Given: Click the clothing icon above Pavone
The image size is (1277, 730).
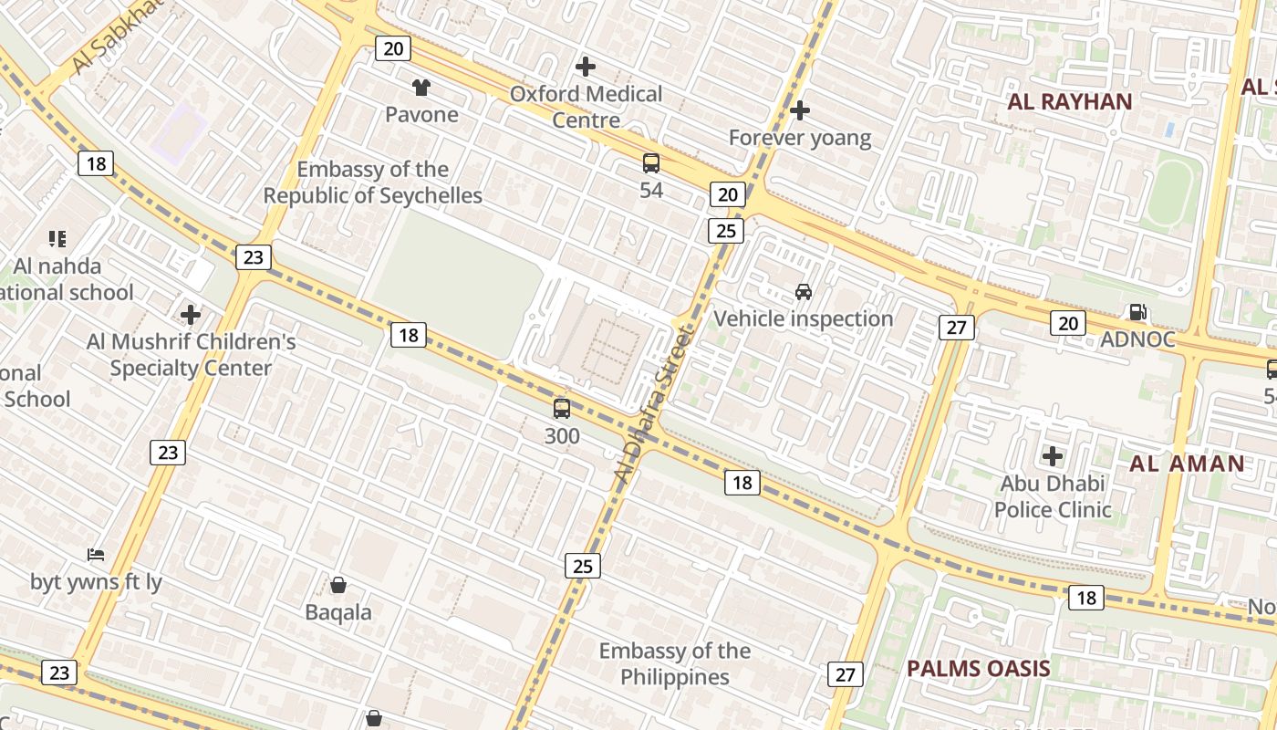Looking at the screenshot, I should [420, 88].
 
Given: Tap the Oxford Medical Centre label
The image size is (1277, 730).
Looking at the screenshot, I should [586, 107].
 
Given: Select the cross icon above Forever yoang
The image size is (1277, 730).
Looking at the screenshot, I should [800, 110].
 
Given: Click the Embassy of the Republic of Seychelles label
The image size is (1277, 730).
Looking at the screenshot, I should [373, 182].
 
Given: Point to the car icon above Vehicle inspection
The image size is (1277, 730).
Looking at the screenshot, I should [804, 292].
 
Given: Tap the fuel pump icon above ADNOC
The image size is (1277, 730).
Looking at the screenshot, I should [1137, 312].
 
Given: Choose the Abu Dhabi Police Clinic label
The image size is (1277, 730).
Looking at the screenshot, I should [1053, 496].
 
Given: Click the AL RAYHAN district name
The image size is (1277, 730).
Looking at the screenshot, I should [1069, 101].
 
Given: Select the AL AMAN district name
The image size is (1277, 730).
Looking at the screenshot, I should [1187, 464].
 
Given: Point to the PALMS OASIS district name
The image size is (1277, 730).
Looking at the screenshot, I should [978, 668].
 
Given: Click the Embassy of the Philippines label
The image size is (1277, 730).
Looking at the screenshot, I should [675, 663].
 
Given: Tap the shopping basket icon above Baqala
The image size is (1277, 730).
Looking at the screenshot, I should [338, 585].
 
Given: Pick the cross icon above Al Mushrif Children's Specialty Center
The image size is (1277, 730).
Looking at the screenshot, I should [191, 315].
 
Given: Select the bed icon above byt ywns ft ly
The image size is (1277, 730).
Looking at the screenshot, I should [96, 555].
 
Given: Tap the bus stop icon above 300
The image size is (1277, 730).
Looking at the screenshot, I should [562, 409].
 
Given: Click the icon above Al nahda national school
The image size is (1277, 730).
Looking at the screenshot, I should [57, 239].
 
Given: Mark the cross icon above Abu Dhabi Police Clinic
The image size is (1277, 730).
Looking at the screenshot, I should [1053, 455].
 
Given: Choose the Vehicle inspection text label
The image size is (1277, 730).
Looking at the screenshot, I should [803, 318].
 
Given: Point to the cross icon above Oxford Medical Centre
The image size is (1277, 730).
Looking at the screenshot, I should [586, 67].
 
